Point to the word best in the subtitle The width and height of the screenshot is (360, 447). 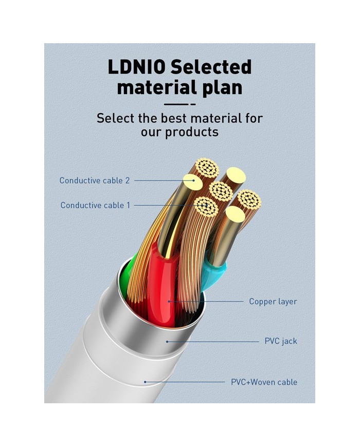173,118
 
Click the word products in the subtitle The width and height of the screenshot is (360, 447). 192,132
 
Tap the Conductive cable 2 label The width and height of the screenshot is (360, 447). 95,181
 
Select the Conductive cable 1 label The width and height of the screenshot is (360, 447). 95,205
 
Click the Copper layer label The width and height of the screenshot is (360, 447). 273,301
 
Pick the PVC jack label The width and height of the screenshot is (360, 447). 281,341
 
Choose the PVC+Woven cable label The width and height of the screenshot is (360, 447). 264,382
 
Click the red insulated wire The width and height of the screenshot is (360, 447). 164,288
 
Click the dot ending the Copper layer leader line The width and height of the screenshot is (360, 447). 168,301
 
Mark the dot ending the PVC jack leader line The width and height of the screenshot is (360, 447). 167,341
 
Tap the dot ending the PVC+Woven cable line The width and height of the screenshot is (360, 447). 146,382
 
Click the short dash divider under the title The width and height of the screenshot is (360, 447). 179,103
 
